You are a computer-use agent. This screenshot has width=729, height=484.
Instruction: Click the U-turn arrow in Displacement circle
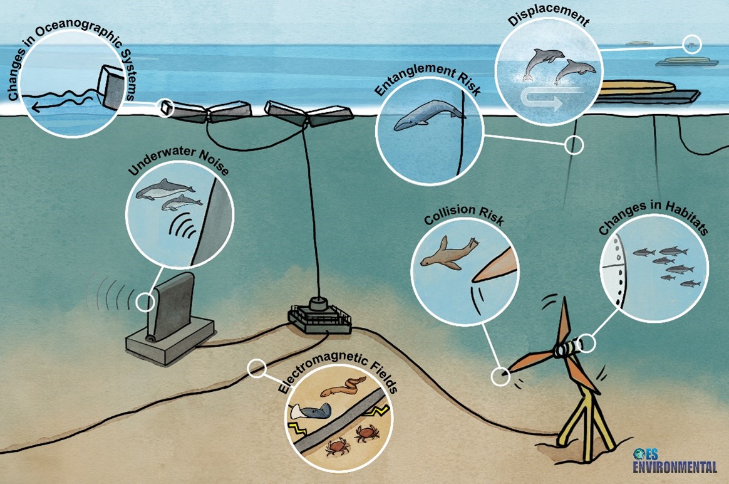[542, 101]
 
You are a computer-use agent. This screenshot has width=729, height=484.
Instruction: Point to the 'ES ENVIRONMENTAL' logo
[673, 462]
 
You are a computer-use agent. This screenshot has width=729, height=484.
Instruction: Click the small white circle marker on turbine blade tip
[500, 376]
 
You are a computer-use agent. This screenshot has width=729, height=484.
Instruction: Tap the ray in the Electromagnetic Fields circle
[312, 413]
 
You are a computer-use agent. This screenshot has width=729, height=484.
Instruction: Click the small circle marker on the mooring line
[574, 145]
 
